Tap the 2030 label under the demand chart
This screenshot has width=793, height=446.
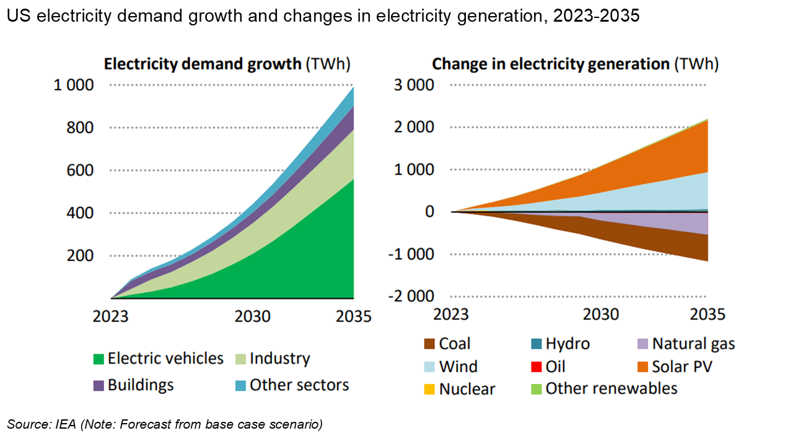(x=252, y=316)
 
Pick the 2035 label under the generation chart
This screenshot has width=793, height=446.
(x=707, y=314)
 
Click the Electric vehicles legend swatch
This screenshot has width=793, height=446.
(x=98, y=359)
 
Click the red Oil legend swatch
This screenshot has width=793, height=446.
(x=536, y=367)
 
